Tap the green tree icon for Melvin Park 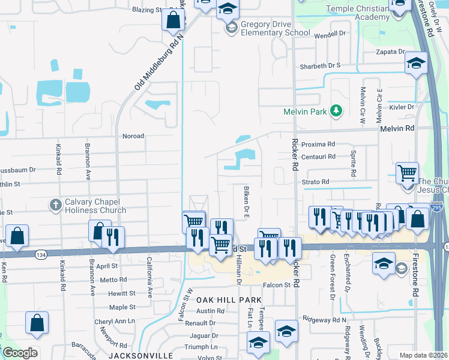[x=336, y=110]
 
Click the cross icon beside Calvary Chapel [x=55, y=205]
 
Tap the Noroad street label [x=133, y=136]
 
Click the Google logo [x=20, y=352]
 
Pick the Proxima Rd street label [x=318, y=145]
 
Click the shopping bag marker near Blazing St [x=173, y=20]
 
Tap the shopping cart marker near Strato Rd [x=408, y=173]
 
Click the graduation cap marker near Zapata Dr [x=416, y=63]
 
